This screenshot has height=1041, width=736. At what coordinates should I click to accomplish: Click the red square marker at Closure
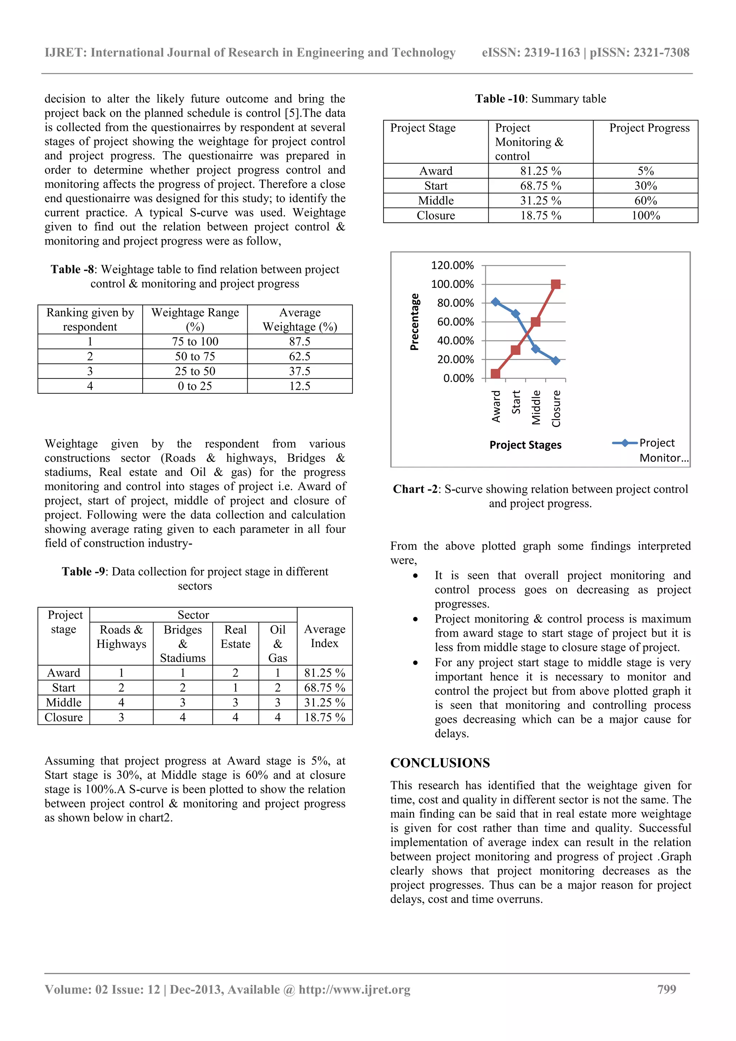(556, 284)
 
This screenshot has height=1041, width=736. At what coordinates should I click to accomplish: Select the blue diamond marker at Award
(496, 302)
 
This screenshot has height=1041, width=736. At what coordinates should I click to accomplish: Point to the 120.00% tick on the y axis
(452, 265)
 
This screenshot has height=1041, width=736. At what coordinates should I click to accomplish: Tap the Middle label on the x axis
(536, 407)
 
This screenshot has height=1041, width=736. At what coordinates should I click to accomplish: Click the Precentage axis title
(414, 322)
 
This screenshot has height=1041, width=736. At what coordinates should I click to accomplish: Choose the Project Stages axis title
(525, 445)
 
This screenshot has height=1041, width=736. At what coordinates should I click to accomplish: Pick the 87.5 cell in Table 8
(299, 341)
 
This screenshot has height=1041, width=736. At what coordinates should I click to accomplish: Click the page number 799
(667, 989)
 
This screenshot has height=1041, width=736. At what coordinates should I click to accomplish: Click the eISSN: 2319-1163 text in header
(530, 52)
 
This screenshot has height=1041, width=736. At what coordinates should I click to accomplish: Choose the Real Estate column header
(235, 637)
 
